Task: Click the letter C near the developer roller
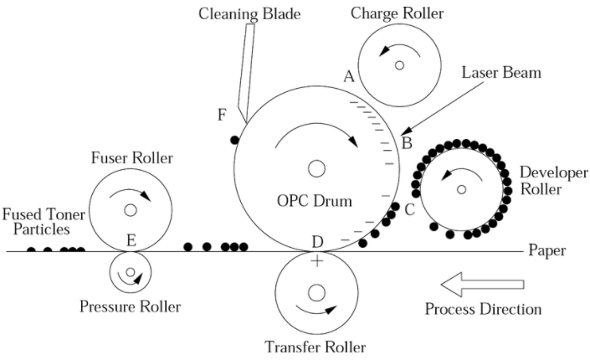tap(409, 209)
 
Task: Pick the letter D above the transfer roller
tap(317, 242)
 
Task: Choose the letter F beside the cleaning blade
tap(222, 115)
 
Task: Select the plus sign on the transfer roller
tap(317, 261)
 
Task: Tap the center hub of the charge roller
tap(400, 64)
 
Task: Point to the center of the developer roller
tap(461, 189)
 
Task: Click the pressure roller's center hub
tap(130, 271)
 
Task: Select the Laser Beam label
tap(500, 73)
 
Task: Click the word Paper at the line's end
tap(548, 250)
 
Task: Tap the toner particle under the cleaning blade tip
tap(235, 139)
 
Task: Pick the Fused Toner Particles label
tap(35, 220)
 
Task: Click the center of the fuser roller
tap(131, 208)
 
